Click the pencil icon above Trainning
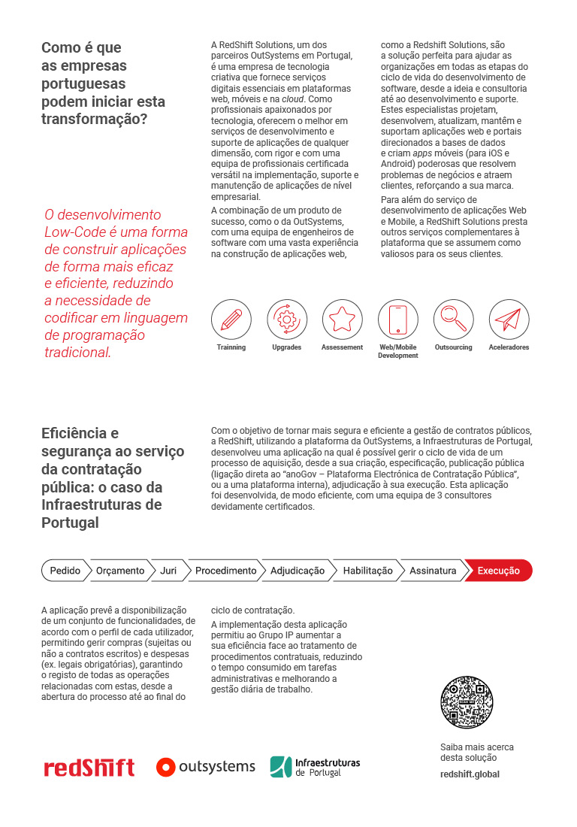231,319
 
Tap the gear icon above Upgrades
287,319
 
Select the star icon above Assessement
343,319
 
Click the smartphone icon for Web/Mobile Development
397,319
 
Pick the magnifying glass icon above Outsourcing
453,319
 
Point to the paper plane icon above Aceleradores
509,319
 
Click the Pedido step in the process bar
65,571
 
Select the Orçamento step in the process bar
120,571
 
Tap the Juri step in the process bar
168,571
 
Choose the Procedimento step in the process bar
225,571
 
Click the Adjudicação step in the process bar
298,571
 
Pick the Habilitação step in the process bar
367,571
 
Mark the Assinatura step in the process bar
433,571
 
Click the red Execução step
498,571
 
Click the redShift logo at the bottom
89,768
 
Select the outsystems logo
206,767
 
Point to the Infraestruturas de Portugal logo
315,767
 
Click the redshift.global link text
470,774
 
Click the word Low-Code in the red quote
76,232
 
